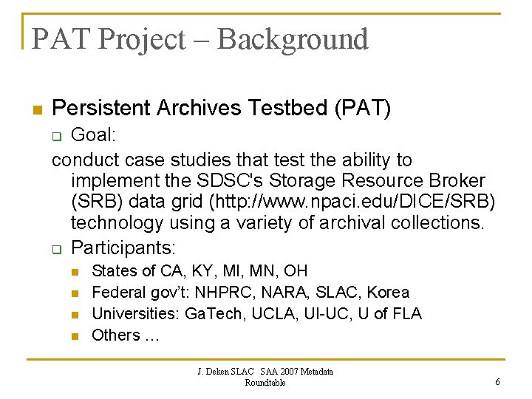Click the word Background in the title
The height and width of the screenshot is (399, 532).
pos(293,39)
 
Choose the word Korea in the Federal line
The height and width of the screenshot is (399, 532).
pos(388,293)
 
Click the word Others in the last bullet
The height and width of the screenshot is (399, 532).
pos(115,335)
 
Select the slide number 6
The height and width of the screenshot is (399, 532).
pos(497,382)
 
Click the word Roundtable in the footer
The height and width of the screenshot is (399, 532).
pos(265,383)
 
